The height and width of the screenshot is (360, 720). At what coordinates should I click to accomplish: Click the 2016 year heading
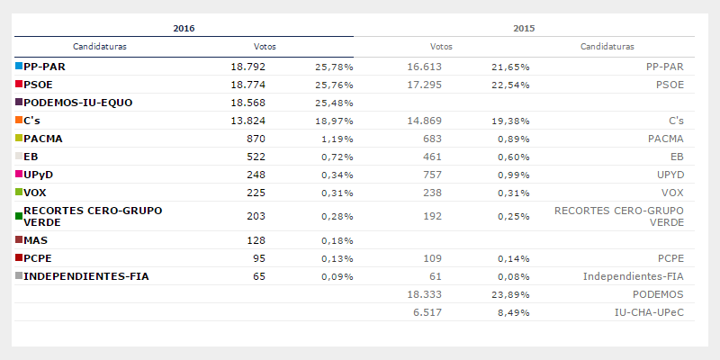coord(184,28)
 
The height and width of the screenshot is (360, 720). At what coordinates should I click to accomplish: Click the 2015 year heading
coord(524,28)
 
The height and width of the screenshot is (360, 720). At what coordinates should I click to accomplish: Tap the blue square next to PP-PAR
coord(19,67)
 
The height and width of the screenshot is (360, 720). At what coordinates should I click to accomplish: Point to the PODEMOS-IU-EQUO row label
coord(78,103)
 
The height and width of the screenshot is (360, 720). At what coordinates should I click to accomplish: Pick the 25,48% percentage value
coord(333,103)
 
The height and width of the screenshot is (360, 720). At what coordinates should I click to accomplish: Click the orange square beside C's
coord(19,121)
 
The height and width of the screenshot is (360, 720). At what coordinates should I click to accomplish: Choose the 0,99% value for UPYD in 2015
coord(510,175)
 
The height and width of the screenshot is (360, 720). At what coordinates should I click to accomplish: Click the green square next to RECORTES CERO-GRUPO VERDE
coord(19,216)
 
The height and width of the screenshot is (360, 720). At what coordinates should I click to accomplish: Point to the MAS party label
coord(36,240)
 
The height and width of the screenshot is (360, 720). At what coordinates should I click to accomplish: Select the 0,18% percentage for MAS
coord(335,240)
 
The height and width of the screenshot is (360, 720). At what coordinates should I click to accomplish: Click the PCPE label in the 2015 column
coord(666,258)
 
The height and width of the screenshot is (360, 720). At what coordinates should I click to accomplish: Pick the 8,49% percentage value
coord(510,312)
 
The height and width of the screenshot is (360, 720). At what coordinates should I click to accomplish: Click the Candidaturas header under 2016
coord(99,46)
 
